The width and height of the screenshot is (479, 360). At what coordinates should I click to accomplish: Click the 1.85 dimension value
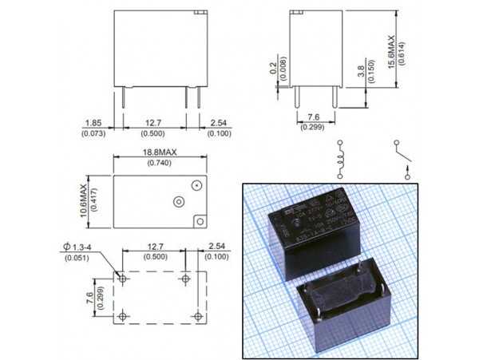pos(90,122)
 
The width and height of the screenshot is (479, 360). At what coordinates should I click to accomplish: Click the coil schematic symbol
pos(341,155)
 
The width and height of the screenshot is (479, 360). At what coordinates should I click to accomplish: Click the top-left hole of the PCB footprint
pos(122,279)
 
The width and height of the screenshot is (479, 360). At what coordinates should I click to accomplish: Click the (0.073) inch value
pos(90,133)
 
